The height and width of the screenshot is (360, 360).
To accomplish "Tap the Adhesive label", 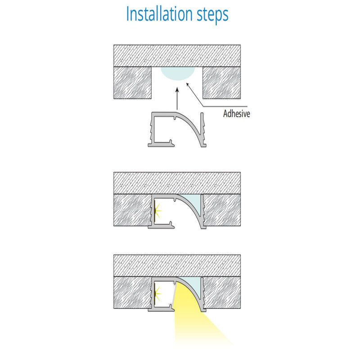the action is click(x=237, y=114).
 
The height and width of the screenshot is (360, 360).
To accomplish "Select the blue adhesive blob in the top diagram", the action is click(x=178, y=73).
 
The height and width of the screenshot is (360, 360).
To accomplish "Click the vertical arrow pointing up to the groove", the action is click(x=177, y=99).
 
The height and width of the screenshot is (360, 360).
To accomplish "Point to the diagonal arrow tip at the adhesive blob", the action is click(x=187, y=83).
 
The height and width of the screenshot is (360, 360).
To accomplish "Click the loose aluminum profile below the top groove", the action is click(x=177, y=130).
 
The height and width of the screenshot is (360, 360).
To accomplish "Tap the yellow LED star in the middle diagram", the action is click(x=158, y=211).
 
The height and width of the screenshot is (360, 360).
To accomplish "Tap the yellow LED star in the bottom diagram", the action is click(x=158, y=293).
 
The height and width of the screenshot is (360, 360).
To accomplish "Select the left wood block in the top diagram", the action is click(x=132, y=83).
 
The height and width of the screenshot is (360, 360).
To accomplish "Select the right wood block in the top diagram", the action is click(x=221, y=83).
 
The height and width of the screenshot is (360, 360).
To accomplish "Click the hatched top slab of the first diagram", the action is click(x=177, y=56).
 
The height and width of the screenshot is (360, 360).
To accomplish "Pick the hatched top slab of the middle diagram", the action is click(x=177, y=183).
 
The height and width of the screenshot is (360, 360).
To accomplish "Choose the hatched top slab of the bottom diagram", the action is click(x=177, y=265).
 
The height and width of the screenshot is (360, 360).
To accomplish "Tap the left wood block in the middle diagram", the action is click(x=132, y=210).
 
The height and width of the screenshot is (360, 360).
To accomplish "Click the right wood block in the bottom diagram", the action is click(x=222, y=292).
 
